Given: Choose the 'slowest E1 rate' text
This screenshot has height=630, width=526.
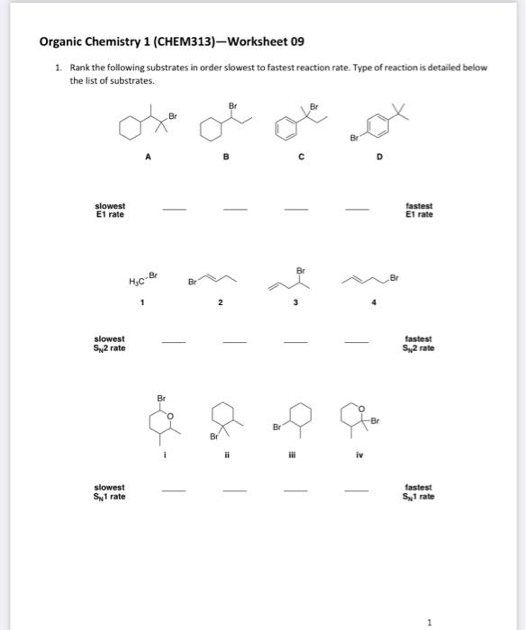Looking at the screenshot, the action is [x=110, y=210].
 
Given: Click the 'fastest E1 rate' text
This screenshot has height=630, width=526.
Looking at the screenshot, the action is [x=419, y=210].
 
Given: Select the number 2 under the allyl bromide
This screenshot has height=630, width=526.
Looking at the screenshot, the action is [x=219, y=303].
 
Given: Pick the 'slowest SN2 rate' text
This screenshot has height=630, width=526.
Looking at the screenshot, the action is [x=110, y=343].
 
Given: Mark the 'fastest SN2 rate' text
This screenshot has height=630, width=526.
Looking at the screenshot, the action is [x=419, y=343].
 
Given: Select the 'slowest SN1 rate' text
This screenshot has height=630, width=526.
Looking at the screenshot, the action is [x=110, y=491].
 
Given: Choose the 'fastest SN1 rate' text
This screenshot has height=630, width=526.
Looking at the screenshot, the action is [x=419, y=491].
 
